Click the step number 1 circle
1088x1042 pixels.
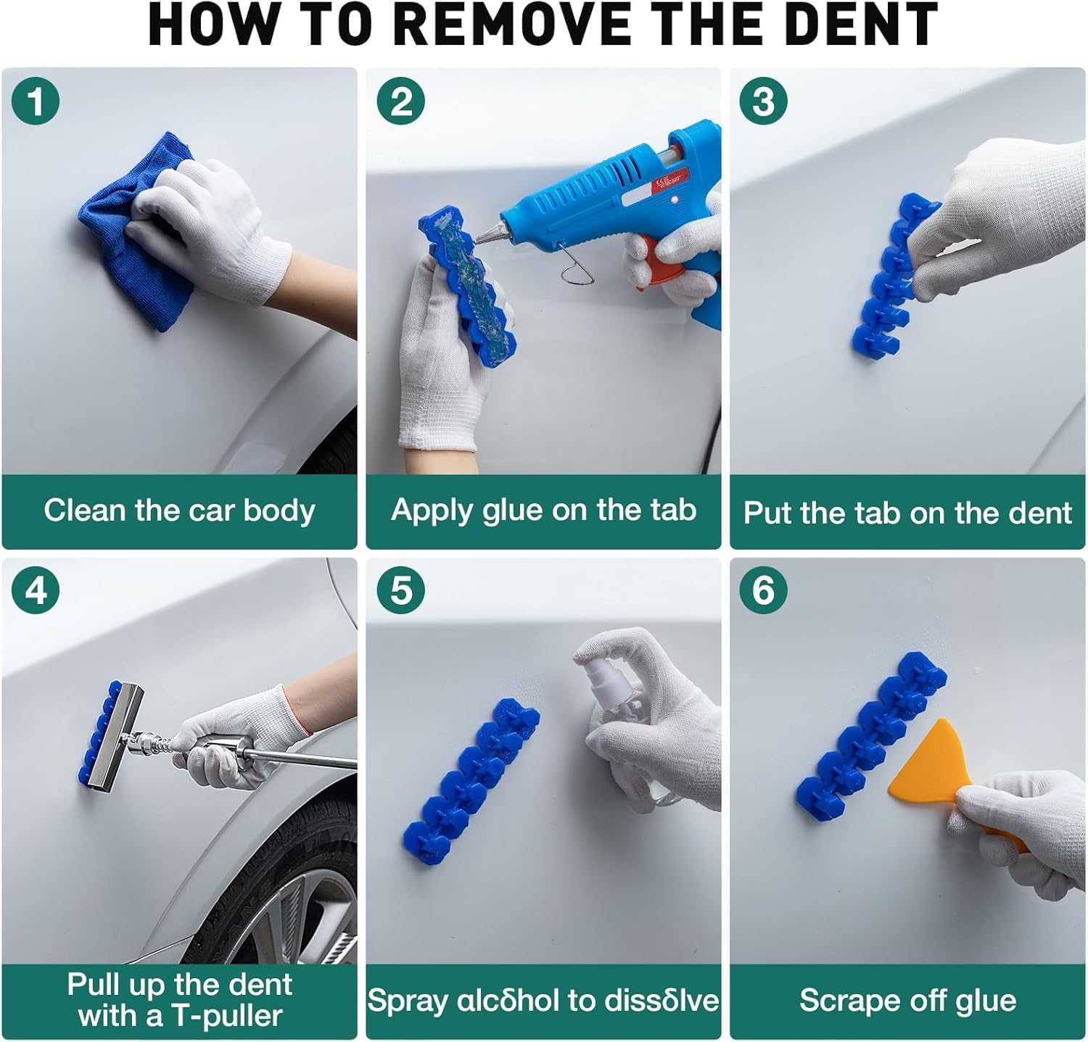pyautogui.click(x=35, y=101)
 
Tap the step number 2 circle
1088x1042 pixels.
pyautogui.click(x=401, y=101)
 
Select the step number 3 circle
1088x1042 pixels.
pyautogui.click(x=763, y=101)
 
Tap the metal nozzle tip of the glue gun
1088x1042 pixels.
pyautogui.click(x=486, y=232)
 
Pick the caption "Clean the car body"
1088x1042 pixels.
pyautogui.click(x=179, y=510)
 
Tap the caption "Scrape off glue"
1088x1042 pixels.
pyautogui.click(x=907, y=1001)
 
